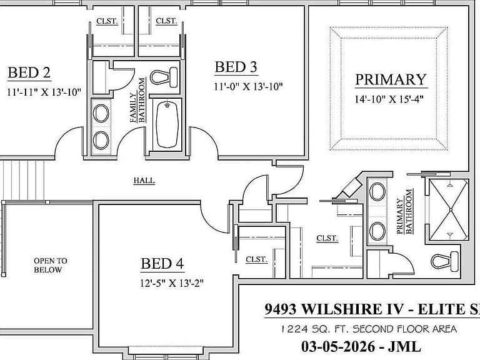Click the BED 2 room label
pyautogui.click(x=29, y=72)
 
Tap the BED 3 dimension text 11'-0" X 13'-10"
pyautogui.click(x=248, y=87)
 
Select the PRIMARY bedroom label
pyautogui.click(x=391, y=79)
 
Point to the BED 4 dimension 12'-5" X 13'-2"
pyautogui.click(x=172, y=283)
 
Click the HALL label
pyautogui.click(x=144, y=181)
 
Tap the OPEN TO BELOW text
pyautogui.click(x=50, y=265)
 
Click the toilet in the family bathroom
pyautogui.click(x=164, y=77)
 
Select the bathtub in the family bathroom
pyautogui.click(x=167, y=124)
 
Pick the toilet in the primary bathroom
pyautogui.click(x=444, y=261)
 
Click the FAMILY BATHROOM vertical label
pyautogui.click(x=137, y=100)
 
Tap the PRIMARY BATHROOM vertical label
pyautogui.click(x=404, y=211)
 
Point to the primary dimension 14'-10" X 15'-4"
pyautogui.click(x=389, y=99)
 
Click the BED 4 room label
pyautogui.click(x=162, y=264)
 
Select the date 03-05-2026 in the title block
pyautogui.click(x=338, y=346)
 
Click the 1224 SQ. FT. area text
pyautogui.click(x=369, y=329)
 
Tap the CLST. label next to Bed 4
pyautogui.click(x=256, y=259)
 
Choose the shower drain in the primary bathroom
pyautogui.click(x=450, y=210)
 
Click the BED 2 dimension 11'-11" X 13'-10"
pyautogui.click(x=44, y=92)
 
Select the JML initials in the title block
pyautogui.click(x=404, y=346)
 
